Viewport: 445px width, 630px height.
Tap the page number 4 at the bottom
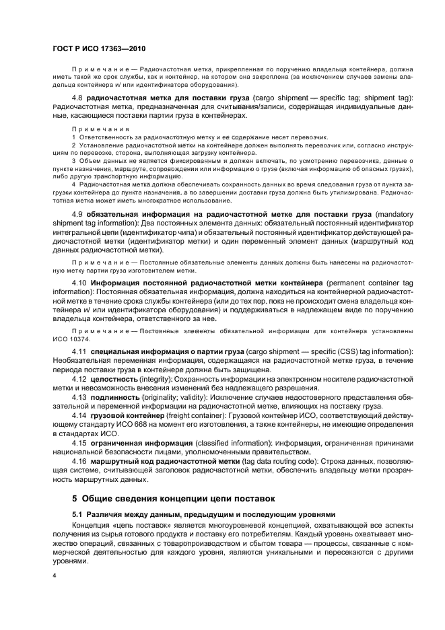point(53,576)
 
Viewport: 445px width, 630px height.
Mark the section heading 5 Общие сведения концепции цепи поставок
point(174,499)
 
